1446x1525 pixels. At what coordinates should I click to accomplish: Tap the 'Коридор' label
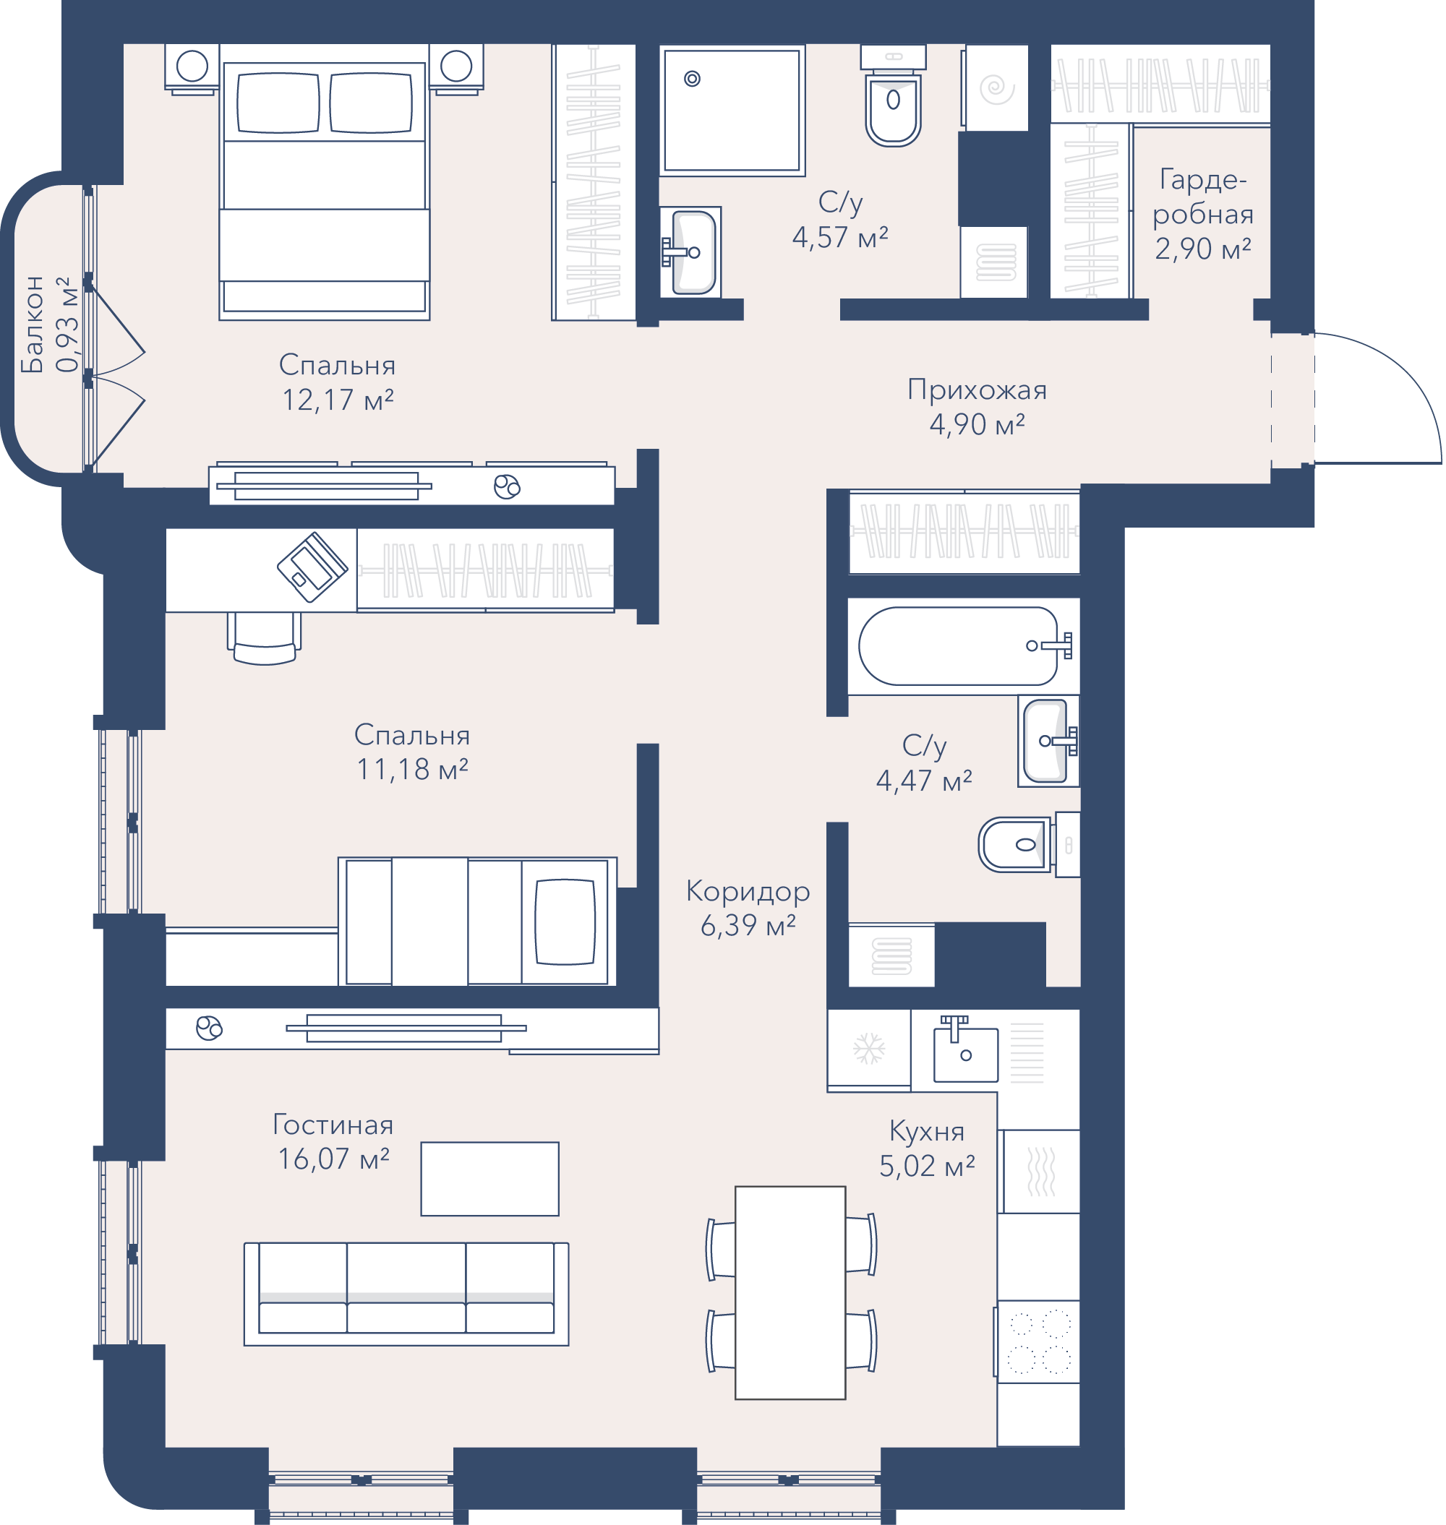[x=748, y=892]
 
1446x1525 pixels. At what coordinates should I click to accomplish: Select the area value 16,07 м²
[x=333, y=1159]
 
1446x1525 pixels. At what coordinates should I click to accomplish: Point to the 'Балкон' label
[x=33, y=325]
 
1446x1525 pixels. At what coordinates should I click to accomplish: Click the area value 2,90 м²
[x=1202, y=249]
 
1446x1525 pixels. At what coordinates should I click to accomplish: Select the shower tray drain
[x=692, y=79]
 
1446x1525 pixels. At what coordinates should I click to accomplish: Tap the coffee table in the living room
[x=489, y=1179]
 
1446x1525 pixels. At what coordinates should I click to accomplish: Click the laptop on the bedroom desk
[x=312, y=567]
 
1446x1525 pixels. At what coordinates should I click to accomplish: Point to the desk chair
[x=265, y=638]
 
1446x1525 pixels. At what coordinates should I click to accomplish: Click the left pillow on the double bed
[x=278, y=103]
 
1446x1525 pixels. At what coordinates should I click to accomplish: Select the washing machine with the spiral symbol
[x=996, y=88]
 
